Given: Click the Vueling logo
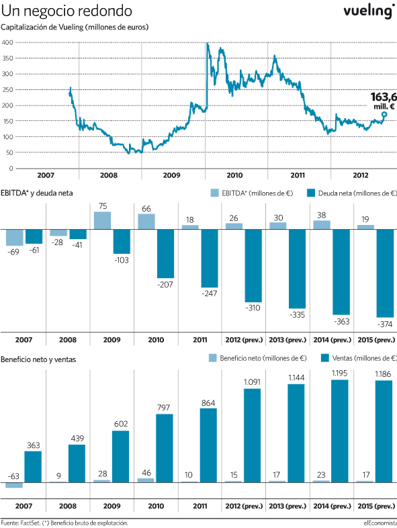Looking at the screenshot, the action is (x=369, y=11).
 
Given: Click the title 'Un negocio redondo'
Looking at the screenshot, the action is (x=67, y=11).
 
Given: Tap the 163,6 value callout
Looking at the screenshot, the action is (x=384, y=101).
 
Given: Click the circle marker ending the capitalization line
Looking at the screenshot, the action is (x=384, y=114).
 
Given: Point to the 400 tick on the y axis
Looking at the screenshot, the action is (x=7, y=42).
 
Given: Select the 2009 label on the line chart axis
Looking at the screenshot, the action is (x=171, y=175).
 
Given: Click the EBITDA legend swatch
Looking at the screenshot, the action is (x=214, y=193).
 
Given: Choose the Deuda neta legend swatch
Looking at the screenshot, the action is (x=311, y=193).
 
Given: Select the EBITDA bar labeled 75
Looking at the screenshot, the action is (x=102, y=220).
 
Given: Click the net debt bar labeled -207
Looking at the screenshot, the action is (x=166, y=253).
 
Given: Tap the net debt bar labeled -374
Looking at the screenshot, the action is (x=384, y=273).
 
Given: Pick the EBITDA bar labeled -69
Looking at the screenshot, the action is (x=15, y=237).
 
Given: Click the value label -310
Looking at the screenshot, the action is (x=253, y=308).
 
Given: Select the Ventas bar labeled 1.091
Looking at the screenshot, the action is (x=252, y=435).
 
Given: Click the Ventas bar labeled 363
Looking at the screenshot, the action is (x=33, y=467).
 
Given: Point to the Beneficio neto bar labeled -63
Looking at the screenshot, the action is (x=14, y=485).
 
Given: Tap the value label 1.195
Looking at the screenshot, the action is (x=339, y=373).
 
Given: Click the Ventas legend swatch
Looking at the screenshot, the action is (x=325, y=358).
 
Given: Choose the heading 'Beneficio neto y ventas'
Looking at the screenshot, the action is (x=38, y=359).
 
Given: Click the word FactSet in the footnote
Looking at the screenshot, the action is (x=30, y=523).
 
